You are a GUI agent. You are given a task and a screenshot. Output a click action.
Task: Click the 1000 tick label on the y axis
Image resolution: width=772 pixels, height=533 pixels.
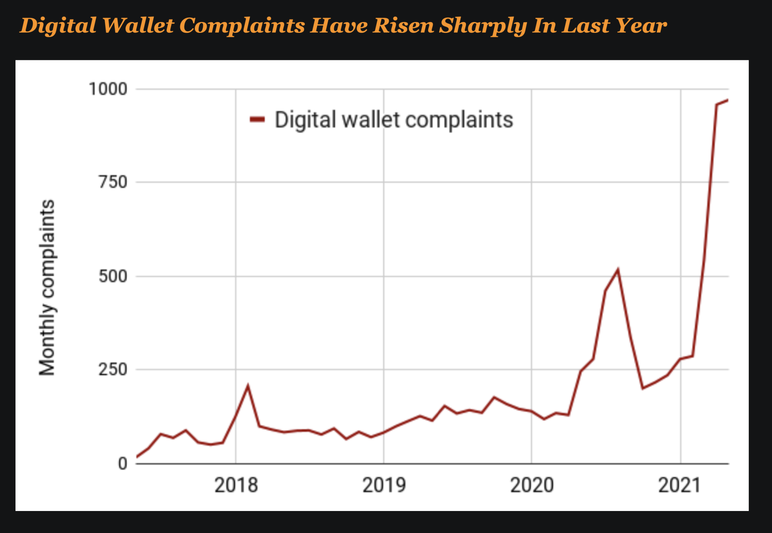click(108, 89)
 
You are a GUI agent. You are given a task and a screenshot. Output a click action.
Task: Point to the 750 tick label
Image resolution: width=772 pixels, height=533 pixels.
click(113, 182)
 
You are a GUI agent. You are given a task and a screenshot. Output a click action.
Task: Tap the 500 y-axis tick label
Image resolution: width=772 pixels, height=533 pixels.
click(113, 277)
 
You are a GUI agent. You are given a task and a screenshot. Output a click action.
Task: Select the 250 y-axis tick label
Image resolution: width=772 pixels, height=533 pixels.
click(113, 370)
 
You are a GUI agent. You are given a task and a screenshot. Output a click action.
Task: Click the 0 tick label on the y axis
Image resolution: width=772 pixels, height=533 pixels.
click(122, 463)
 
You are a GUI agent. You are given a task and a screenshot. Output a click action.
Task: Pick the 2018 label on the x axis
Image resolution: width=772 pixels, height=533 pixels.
click(236, 485)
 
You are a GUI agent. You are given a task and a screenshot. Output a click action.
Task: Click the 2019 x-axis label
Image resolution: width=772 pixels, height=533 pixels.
click(384, 485)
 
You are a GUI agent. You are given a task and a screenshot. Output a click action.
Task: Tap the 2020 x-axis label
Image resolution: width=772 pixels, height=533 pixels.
click(532, 485)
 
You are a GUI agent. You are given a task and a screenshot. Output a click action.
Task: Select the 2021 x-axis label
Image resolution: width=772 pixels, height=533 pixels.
click(679, 485)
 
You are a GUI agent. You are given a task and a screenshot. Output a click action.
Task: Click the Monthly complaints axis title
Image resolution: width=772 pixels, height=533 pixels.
click(47, 287)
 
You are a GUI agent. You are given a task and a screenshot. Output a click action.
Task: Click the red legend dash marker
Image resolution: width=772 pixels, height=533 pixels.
click(257, 119)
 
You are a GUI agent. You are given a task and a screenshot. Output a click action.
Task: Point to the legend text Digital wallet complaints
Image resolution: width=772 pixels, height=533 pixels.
click(394, 119)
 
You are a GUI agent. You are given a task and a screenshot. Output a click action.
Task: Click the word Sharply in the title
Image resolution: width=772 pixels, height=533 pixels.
click(482, 26)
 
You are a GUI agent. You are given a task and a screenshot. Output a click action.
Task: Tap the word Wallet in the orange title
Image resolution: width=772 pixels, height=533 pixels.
click(138, 26)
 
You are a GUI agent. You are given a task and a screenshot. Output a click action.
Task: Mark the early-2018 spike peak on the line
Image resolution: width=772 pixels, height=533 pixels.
click(248, 385)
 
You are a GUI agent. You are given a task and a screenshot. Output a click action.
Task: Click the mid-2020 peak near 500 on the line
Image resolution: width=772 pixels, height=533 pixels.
click(618, 270)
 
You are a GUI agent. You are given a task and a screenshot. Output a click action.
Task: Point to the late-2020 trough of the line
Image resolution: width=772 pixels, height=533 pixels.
click(643, 388)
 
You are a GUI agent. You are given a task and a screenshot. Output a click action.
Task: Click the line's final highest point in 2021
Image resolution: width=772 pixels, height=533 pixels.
click(727, 100)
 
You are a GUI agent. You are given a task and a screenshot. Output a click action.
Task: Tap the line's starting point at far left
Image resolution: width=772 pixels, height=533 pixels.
click(137, 457)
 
